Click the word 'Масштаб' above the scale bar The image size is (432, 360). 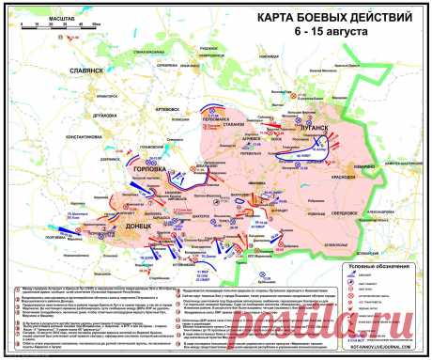[x=31, y=10]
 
